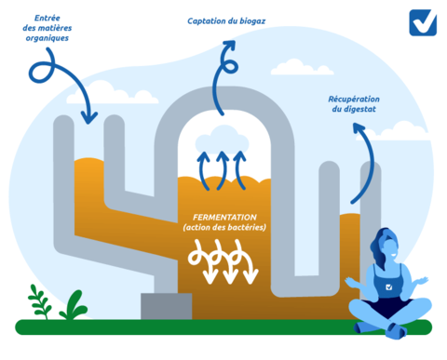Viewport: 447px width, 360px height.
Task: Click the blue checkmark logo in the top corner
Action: point(422,22)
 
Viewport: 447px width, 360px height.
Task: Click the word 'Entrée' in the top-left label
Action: point(49,19)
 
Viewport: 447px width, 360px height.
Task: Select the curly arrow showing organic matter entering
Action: point(61,84)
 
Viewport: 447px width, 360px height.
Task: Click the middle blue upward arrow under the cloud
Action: point(223,168)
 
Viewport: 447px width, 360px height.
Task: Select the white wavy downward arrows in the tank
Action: point(221,260)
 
